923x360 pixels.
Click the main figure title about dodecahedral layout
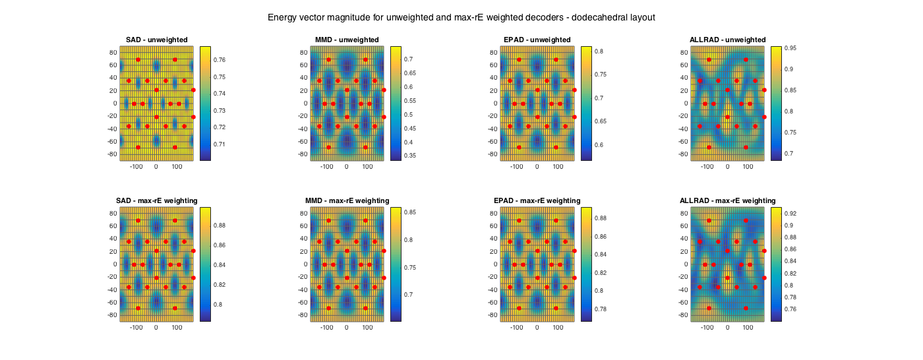(461, 17)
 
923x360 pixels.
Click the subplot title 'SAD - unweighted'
(157, 40)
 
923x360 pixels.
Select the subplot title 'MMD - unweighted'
(347, 40)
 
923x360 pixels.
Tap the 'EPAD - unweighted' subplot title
(537, 40)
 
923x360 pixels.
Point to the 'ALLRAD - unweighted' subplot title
(727, 40)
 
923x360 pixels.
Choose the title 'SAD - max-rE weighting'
(157, 200)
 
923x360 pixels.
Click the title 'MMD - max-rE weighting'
(347, 200)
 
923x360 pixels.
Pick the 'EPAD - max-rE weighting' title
(537, 200)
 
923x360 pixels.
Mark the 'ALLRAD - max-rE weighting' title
(727, 200)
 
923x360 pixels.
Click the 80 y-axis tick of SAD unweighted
(113, 53)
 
